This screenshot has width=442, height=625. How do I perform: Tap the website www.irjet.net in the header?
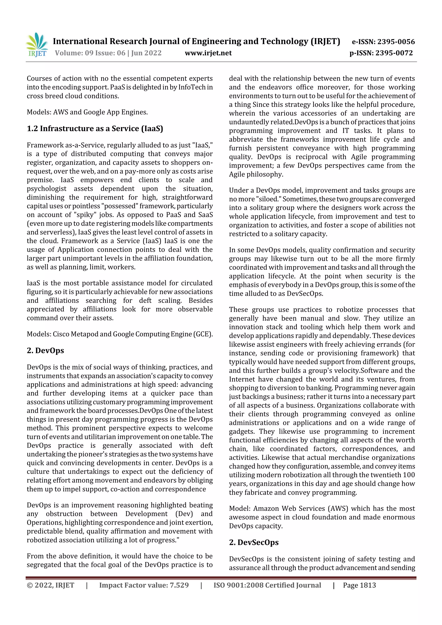(208, 53)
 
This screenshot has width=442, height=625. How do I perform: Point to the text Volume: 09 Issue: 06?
(90, 53)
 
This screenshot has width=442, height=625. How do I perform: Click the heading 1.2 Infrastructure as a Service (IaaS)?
(95, 129)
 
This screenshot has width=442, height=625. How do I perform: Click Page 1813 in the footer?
(359, 585)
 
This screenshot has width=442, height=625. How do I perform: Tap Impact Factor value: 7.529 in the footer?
(144, 585)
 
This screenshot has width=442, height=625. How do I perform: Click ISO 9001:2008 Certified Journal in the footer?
(267, 585)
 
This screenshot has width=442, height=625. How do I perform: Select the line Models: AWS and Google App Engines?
(87, 112)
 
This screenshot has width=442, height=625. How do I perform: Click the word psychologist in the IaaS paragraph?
(46, 189)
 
